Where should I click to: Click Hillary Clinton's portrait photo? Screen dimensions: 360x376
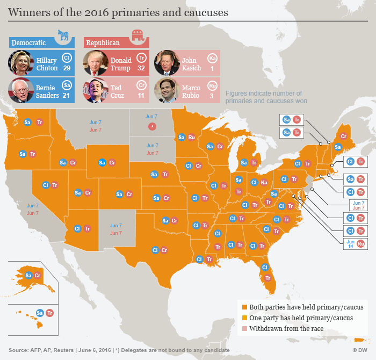(21, 62)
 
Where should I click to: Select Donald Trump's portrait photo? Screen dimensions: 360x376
(96, 62)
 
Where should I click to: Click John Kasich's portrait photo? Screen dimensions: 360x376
(166, 62)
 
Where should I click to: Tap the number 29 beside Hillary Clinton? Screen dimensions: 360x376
(67, 69)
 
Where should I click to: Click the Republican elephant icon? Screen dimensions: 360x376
(139, 37)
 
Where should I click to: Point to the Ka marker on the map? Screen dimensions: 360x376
(264, 183)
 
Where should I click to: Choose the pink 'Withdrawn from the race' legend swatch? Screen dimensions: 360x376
(244, 328)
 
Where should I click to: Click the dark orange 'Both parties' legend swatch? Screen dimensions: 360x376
(244, 307)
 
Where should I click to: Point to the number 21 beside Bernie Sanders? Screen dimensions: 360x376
(67, 96)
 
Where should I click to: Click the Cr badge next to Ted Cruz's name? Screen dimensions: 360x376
(142, 85)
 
